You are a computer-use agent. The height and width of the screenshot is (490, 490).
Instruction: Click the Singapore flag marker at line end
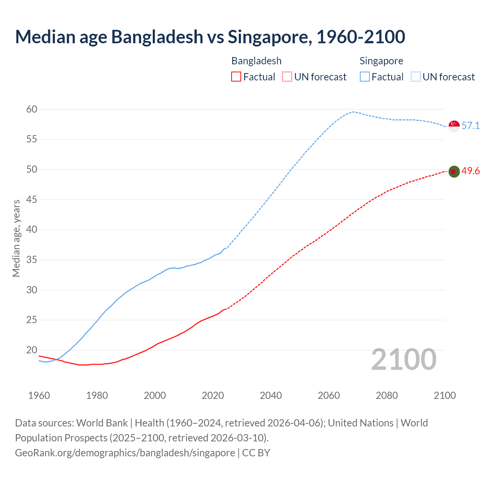(x=454, y=126)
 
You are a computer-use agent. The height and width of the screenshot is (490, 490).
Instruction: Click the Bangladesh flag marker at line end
(x=454, y=171)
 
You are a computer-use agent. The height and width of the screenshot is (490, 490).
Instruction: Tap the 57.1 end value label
(x=470, y=126)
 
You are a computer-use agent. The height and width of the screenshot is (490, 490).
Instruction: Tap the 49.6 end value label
(x=470, y=171)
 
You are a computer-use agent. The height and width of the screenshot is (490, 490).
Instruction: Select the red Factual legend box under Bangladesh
(x=236, y=77)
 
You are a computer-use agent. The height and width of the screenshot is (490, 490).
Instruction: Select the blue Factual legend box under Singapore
(x=365, y=77)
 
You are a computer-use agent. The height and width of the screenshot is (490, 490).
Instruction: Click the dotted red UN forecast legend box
(x=287, y=77)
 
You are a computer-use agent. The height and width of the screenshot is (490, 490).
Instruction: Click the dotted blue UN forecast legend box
(x=416, y=77)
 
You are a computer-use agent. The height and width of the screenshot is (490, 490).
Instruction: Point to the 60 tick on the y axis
(x=32, y=109)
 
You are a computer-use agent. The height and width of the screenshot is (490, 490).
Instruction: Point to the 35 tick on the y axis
(x=32, y=260)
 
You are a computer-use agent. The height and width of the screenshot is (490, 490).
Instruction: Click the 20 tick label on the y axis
(x=32, y=350)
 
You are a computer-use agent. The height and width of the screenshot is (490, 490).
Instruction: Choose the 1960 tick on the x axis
(x=39, y=395)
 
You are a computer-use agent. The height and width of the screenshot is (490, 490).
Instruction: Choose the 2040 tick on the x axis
(x=271, y=395)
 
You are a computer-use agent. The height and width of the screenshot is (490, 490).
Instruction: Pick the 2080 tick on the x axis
(x=387, y=395)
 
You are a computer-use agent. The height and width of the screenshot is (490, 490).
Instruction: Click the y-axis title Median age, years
(x=16, y=238)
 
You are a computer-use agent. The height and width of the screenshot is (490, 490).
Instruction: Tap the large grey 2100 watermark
(x=403, y=359)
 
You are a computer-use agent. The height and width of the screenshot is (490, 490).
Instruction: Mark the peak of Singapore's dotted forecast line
(x=353, y=112)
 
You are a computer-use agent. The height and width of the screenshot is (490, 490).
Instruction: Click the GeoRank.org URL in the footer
(x=125, y=453)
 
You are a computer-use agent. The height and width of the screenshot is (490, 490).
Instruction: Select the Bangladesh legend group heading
(x=256, y=61)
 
